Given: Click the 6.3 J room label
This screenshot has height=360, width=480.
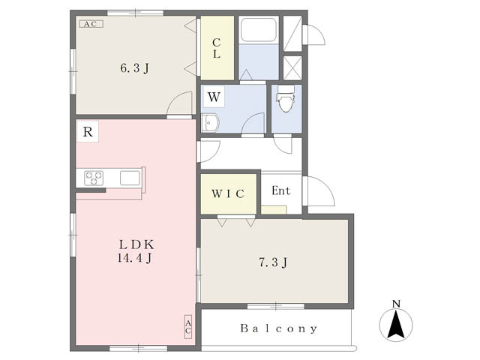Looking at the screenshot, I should [135, 68].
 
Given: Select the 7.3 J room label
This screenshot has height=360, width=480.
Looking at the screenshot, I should [274, 262].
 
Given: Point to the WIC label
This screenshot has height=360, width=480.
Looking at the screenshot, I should [227, 194].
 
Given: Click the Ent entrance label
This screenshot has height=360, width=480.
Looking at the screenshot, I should [280, 190].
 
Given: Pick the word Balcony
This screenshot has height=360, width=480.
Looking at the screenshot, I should [279, 328].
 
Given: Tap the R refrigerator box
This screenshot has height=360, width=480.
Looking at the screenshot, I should [88, 133].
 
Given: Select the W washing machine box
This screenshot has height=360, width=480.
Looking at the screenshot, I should [214, 97].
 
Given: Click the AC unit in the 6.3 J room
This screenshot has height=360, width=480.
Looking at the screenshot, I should [91, 24].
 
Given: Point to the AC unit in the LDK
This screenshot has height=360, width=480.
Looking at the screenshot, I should [187, 325].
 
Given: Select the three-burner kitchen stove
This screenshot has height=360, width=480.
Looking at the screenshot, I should [94, 178].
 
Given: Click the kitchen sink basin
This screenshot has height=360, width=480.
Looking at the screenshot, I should [129, 178].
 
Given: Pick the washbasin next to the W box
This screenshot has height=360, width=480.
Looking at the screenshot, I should [210, 123].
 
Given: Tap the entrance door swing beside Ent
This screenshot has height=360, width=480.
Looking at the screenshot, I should [319, 192].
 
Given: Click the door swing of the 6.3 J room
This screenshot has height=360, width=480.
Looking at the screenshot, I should [178, 105].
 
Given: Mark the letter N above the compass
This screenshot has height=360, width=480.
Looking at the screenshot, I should [396, 304].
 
